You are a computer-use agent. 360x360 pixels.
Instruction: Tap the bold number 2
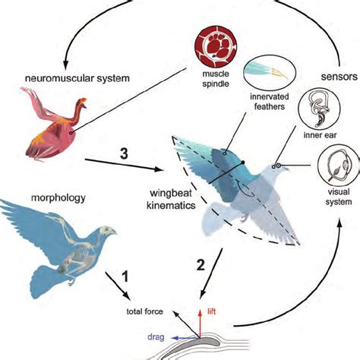[x=200, y=266]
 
